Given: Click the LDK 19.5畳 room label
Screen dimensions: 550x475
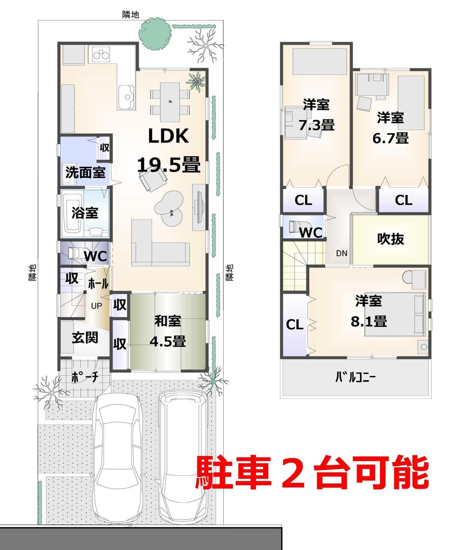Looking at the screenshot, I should [169, 151].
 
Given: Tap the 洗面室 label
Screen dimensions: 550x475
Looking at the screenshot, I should [85, 172].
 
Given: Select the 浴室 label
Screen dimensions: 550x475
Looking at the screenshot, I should [85, 212].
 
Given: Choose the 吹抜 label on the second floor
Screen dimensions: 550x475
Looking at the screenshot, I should [390, 239].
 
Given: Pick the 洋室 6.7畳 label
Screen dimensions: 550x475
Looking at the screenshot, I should [390, 127].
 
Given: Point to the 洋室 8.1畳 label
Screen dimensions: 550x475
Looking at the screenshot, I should [369, 311].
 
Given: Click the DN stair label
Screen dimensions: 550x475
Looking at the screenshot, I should [342, 253].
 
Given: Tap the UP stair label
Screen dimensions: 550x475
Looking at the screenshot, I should [96, 306].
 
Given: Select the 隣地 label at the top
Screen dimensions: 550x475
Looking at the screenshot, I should [130, 15].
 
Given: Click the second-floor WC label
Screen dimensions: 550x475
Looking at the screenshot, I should [311, 232].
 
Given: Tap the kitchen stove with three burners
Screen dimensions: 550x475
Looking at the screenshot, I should [101, 55].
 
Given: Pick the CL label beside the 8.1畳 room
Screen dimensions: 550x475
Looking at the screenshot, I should [294, 325].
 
